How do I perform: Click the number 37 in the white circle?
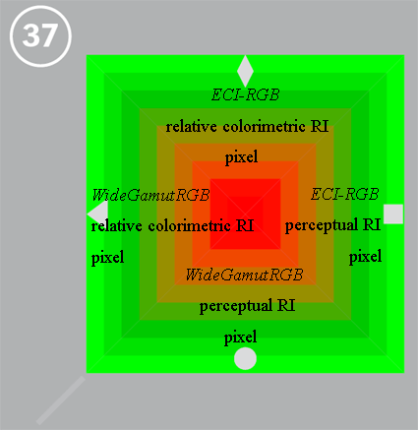pyautogui.click(x=40, y=35)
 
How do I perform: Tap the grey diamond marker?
pyautogui.click(x=245, y=71)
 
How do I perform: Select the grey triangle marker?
pyautogui.click(x=98, y=214)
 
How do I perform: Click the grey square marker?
pyautogui.click(x=393, y=214)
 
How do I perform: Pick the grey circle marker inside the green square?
pyautogui.click(x=245, y=358)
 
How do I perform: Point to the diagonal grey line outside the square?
pyautogui.click(x=61, y=400)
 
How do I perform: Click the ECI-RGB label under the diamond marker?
pyautogui.click(x=245, y=95)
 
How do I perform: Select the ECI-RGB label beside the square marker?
pyautogui.click(x=345, y=194)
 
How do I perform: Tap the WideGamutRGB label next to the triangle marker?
pyautogui.click(x=150, y=195)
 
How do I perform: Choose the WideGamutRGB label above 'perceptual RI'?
pyautogui.click(x=245, y=275)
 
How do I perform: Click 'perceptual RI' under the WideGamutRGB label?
pyautogui.click(x=247, y=306)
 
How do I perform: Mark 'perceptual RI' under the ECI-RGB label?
pyautogui.click(x=332, y=225)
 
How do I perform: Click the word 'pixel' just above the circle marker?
pyautogui.click(x=240, y=338)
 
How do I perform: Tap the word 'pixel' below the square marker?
pyautogui.click(x=365, y=257)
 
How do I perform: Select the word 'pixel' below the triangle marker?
pyautogui.click(x=107, y=258)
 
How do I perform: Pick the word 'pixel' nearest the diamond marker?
pyautogui.click(x=241, y=157)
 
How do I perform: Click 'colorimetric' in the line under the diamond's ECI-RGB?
pyautogui.click(x=264, y=127)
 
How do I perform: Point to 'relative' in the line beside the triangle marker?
pyautogui.click(x=116, y=226)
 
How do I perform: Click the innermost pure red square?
pyautogui.click(x=245, y=214)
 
